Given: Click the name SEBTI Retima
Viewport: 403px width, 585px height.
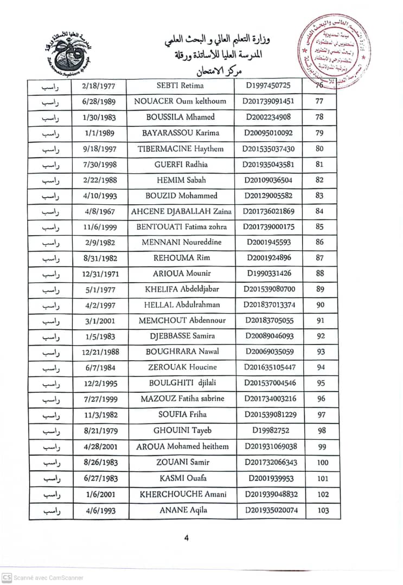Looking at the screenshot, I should coord(180,86).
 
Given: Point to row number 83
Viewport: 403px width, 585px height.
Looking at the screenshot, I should coord(319,196).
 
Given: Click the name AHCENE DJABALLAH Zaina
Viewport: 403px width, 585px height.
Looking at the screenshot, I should coord(181,212).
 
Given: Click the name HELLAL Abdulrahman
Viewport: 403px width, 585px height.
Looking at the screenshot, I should coord(181,305).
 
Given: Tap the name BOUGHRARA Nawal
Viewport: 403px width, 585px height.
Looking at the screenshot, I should coord(182,352).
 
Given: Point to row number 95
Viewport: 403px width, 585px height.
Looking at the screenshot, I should coord(321,383).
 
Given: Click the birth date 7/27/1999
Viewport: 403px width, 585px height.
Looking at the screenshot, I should coord(100,399).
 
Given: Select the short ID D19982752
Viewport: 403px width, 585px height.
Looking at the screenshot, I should coord(270,431).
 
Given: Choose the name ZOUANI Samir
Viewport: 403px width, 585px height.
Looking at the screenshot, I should coord(182,463).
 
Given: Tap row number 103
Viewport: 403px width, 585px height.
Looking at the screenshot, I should coord(323,510).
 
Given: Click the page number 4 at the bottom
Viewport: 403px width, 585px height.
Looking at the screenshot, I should coord(187,538).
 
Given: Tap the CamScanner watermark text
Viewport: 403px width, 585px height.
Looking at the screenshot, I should coord(48,578).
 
